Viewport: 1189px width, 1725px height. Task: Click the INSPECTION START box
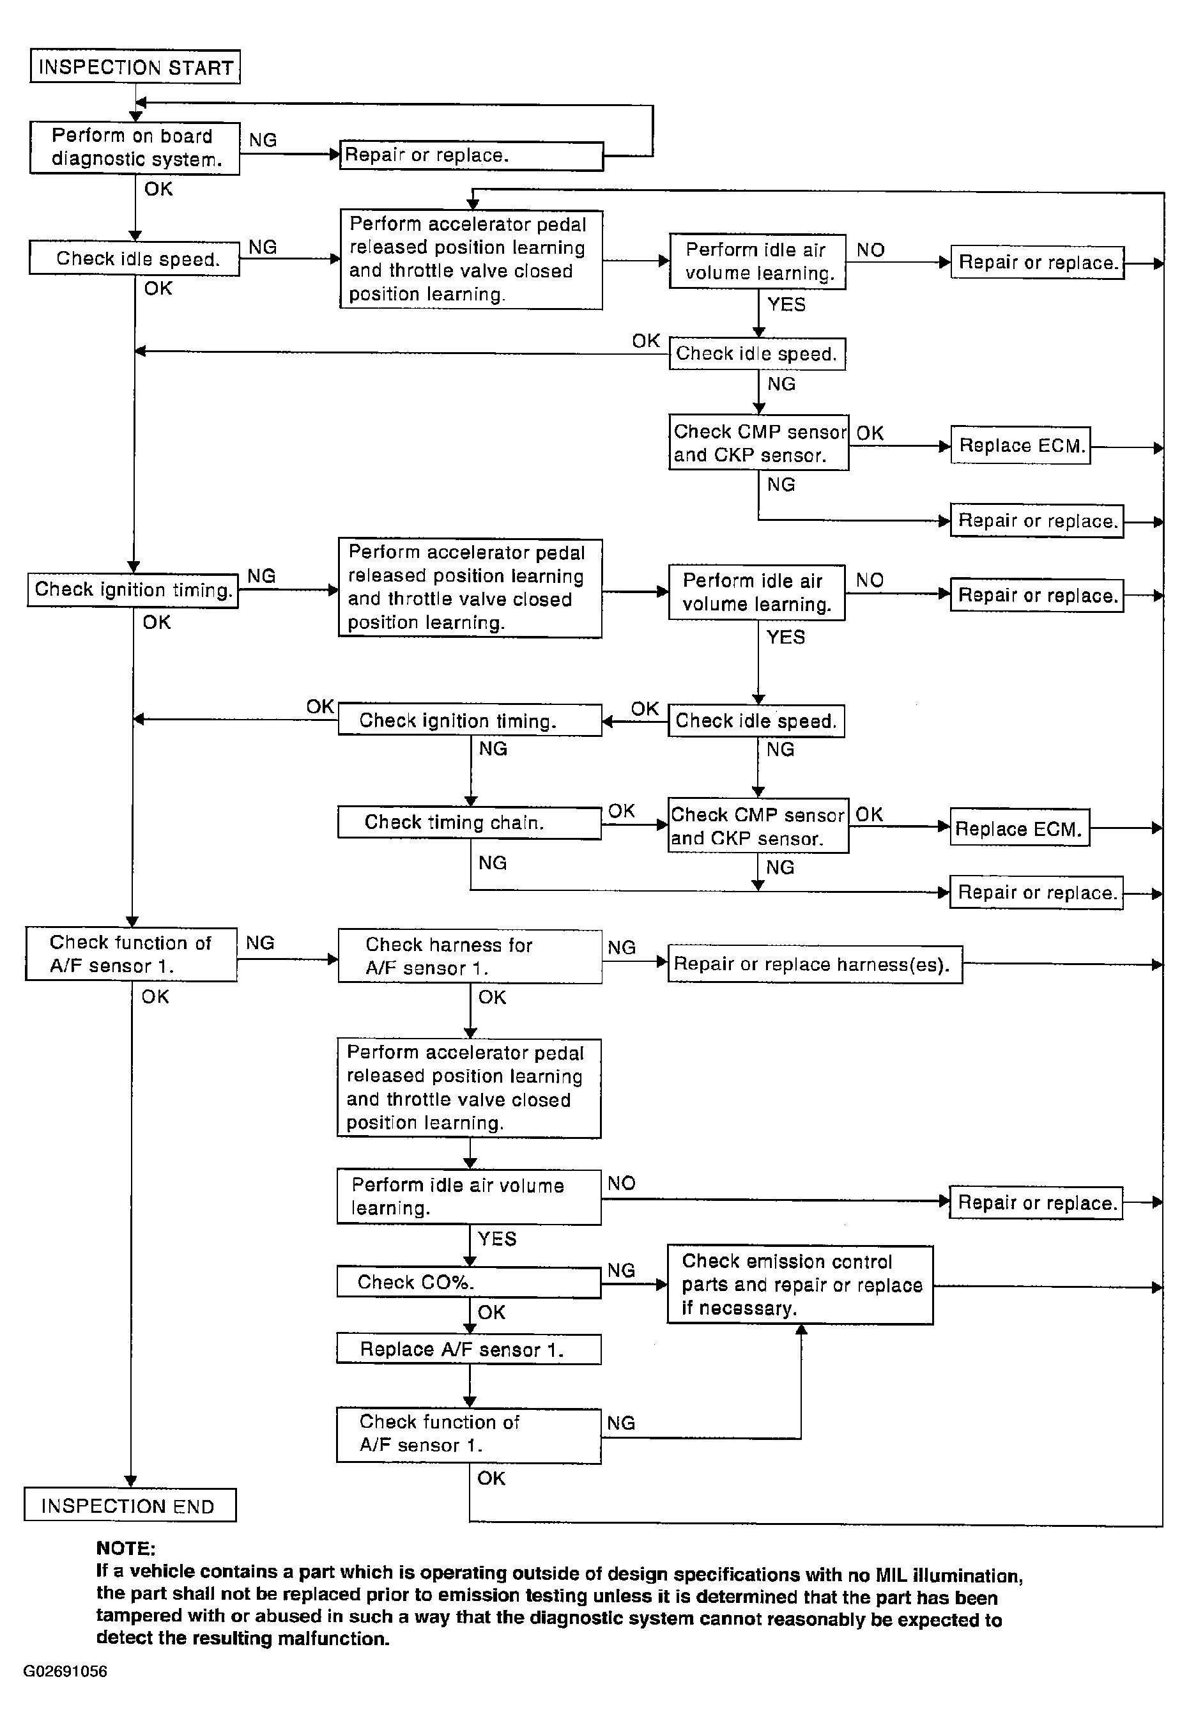[135, 67]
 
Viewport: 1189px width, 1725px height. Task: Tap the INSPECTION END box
[130, 1505]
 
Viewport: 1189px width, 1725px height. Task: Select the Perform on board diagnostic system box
[135, 148]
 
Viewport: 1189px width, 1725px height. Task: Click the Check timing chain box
[470, 822]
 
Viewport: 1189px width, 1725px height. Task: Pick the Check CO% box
[468, 1281]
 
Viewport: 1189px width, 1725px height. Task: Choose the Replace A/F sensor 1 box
[468, 1349]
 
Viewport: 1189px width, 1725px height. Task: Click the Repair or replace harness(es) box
[814, 964]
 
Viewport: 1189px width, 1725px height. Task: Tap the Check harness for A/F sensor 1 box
[470, 956]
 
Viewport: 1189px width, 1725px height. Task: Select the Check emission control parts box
[799, 1285]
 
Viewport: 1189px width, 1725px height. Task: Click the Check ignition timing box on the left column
[133, 589]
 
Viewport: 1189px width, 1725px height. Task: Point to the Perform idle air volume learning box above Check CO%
[468, 1196]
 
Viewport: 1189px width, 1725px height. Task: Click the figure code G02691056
[66, 1671]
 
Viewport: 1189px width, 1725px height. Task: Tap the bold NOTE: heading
[125, 1549]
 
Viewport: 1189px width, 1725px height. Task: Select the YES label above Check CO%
[497, 1239]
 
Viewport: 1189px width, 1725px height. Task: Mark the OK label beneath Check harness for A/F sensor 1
[492, 997]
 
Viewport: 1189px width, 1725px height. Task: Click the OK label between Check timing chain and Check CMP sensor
[621, 810]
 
